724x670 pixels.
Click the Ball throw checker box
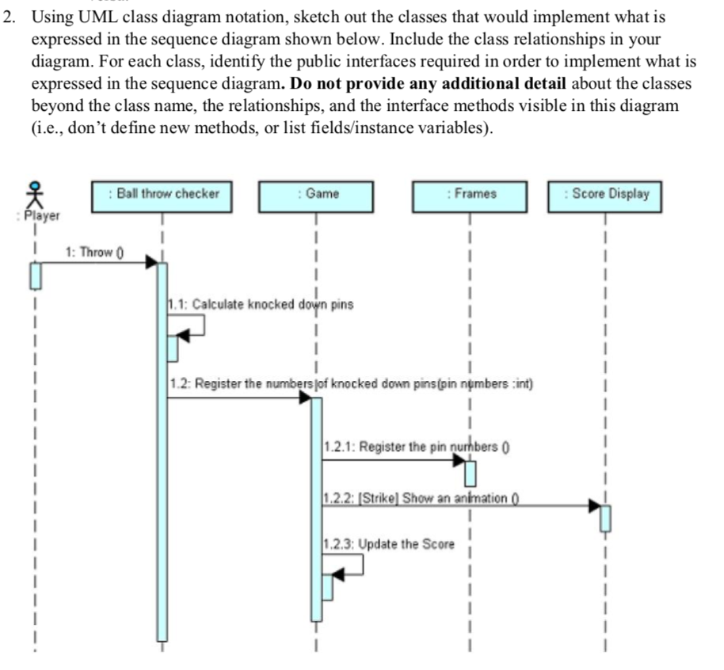point(162,196)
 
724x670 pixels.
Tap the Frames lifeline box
point(470,196)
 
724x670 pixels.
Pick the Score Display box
point(605,196)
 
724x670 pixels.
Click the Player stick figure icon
point(33,194)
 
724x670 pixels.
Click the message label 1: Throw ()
point(93,253)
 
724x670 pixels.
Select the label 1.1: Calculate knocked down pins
point(261,304)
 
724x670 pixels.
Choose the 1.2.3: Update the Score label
point(389,544)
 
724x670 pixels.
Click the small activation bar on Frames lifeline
point(471,473)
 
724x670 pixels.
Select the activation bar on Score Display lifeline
point(605,518)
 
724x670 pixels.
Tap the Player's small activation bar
point(34,276)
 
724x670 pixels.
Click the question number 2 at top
point(9,17)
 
